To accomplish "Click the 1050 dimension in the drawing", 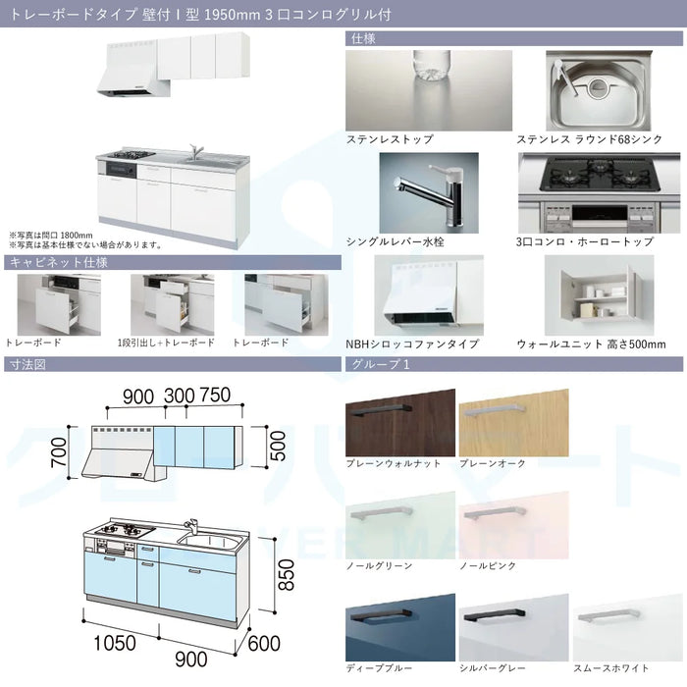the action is [115, 643].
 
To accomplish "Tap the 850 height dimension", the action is [287, 575].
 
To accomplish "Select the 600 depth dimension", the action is [264, 643].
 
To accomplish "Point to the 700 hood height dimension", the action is [59, 452].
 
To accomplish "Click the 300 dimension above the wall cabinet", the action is [180, 396].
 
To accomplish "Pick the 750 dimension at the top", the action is [215, 395].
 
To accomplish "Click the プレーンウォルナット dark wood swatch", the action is [400, 423].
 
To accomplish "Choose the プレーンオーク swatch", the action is [514, 423].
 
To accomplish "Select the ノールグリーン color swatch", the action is [400, 525].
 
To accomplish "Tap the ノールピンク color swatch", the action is [514, 525].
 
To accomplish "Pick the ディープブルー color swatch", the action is [400, 627].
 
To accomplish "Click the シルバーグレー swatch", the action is [514, 627].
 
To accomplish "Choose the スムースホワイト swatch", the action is [628, 627].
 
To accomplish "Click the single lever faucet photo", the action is [429, 192].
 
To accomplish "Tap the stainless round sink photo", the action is [599, 90].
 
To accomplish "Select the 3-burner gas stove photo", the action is [599, 192].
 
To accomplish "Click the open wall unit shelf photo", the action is [599, 295].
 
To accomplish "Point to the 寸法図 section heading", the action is [27, 364].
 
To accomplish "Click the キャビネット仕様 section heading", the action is [59, 262].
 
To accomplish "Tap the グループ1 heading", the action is [381, 364].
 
